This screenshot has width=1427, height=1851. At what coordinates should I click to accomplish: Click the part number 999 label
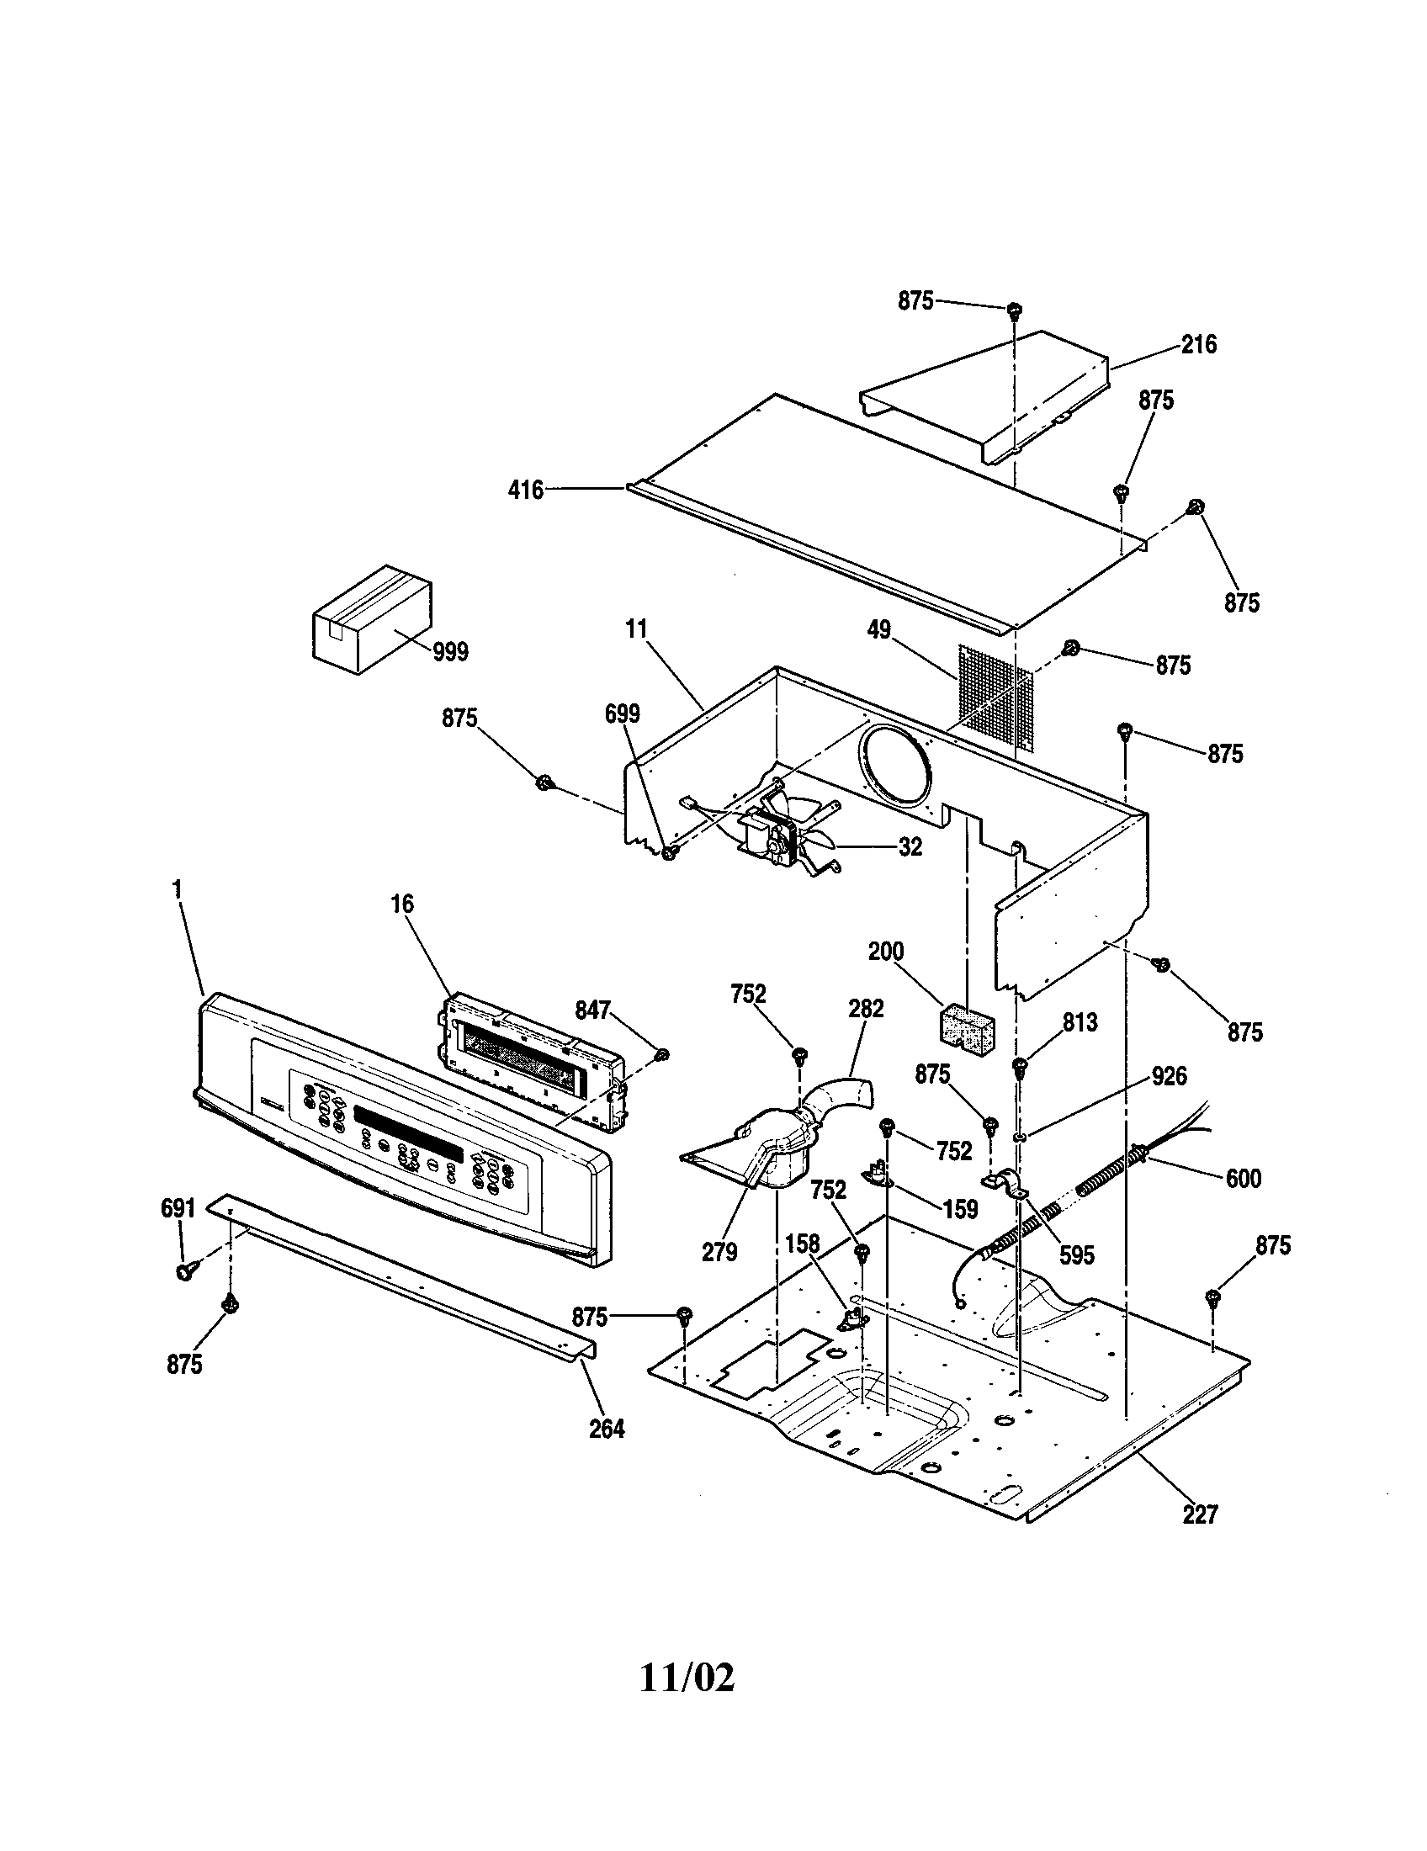(x=450, y=652)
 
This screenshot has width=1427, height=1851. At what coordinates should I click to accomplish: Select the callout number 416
(x=525, y=490)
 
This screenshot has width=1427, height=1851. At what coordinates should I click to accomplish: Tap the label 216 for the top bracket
(x=1198, y=344)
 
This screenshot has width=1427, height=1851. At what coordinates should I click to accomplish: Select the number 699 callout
(x=622, y=713)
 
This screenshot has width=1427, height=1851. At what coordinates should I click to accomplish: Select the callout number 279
(x=719, y=1252)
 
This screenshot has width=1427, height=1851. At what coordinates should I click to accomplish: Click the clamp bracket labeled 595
(x=1005, y=1182)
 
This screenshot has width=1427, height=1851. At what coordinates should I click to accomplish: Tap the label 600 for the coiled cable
(x=1243, y=1178)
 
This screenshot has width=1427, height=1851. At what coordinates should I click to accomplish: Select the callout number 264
(x=607, y=1429)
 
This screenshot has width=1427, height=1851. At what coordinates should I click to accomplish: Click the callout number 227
(x=1200, y=1514)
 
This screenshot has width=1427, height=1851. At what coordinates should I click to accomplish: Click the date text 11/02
(x=687, y=1675)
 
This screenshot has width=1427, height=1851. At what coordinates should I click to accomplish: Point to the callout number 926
(x=1170, y=1076)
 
